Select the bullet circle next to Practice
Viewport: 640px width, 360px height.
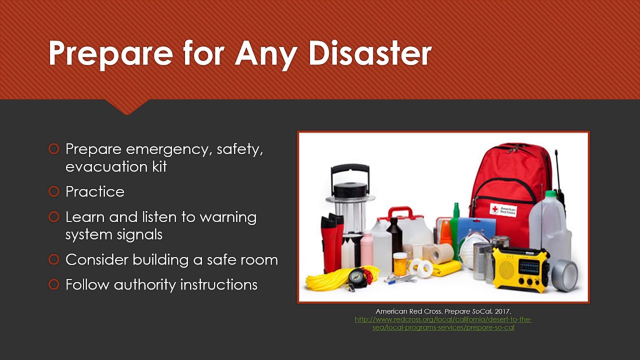click(x=53, y=191)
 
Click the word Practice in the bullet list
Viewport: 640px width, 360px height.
click(x=95, y=191)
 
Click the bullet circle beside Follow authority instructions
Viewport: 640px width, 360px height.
click(x=53, y=285)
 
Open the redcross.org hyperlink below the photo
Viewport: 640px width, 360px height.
click(x=443, y=323)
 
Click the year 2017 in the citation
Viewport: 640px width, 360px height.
click(x=502, y=311)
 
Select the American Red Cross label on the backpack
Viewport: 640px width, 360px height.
click(x=503, y=210)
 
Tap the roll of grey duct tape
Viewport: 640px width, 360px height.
click(x=565, y=274)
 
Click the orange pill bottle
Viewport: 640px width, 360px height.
click(x=400, y=264)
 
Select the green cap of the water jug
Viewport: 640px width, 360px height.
click(x=550, y=194)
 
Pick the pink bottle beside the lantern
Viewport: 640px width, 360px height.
click(x=367, y=249)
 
